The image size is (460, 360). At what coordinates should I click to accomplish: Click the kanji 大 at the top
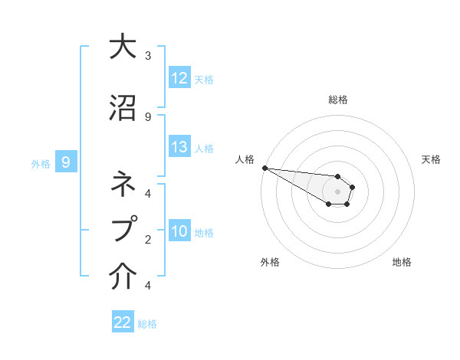coord(123,47)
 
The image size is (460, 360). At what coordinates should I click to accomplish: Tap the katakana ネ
coord(123,184)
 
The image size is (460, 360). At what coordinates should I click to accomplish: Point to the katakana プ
coord(123,228)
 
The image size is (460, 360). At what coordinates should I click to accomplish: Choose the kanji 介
coord(123,277)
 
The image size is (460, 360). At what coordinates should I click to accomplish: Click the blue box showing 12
coord(179,78)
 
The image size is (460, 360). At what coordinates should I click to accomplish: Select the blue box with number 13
coord(179,147)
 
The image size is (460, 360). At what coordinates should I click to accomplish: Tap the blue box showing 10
coord(179,231)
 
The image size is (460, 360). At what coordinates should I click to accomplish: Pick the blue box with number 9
coord(66,162)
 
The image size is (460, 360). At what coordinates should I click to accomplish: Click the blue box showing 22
coord(123,322)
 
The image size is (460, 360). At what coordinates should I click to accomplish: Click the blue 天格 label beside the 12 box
coord(204,79)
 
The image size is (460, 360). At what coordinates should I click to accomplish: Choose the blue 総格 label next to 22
coord(147,323)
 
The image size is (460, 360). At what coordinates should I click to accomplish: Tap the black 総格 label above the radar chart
coord(337,100)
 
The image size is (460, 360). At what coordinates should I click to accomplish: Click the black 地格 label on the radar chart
coord(402,262)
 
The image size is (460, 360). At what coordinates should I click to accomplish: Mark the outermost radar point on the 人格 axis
coord(264,168)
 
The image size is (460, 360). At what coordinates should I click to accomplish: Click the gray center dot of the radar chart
coord(337,191)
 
